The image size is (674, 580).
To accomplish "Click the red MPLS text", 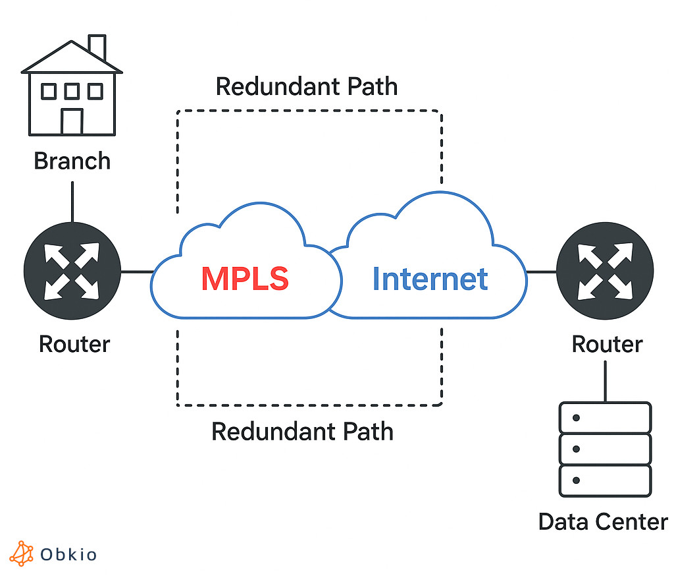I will (x=245, y=279).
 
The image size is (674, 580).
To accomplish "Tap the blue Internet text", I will (x=430, y=279).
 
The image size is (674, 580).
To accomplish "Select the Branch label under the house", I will (x=72, y=161).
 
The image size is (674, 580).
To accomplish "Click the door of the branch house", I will (x=72, y=121).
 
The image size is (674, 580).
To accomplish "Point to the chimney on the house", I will (x=97, y=46).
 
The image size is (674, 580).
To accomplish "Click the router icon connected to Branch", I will (x=72, y=272).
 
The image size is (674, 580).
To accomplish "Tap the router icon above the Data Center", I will (x=605, y=272).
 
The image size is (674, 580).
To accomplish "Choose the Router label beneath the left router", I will (x=74, y=343).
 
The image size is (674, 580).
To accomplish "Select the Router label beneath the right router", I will (x=606, y=343).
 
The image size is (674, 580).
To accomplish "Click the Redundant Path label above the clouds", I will (x=307, y=86).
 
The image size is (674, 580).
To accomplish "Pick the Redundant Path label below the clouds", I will (x=302, y=432).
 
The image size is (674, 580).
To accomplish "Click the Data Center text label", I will (x=602, y=521).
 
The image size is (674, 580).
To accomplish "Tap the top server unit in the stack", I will (x=605, y=417).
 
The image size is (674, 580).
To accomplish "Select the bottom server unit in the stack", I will (x=605, y=480).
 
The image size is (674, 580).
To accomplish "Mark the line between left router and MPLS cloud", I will (x=137, y=272).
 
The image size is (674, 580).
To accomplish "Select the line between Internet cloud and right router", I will (x=541, y=272).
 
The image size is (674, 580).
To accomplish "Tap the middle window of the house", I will (x=72, y=91).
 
